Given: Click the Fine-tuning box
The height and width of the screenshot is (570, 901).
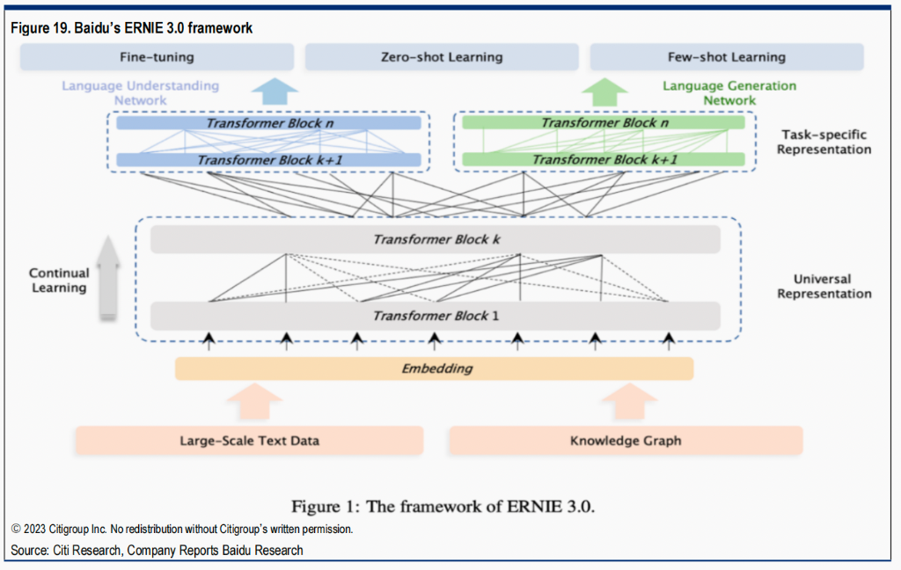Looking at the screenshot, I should click(x=157, y=57).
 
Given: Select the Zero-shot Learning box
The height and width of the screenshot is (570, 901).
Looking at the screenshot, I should click(x=442, y=57).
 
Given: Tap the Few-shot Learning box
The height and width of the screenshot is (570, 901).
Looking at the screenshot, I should click(x=726, y=57).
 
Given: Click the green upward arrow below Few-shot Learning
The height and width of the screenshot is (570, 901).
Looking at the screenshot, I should click(x=604, y=91).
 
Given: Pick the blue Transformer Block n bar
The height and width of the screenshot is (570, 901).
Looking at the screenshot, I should click(x=269, y=123).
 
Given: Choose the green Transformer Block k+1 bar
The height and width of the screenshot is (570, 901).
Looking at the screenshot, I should click(x=604, y=159).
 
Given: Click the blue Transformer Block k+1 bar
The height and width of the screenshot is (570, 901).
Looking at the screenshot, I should click(x=269, y=159).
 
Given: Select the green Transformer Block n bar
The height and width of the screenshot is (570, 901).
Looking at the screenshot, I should click(x=604, y=123).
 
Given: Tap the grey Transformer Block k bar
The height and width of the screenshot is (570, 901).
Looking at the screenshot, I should click(x=436, y=239).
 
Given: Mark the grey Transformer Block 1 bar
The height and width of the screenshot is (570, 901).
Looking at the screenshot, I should click(x=436, y=315).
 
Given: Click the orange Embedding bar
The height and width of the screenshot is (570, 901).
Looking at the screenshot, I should click(x=435, y=369).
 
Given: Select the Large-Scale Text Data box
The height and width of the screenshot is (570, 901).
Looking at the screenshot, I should click(x=249, y=441).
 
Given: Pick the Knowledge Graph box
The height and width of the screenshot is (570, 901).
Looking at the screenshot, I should click(x=626, y=441).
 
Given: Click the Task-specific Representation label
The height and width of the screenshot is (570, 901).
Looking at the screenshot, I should click(x=824, y=142).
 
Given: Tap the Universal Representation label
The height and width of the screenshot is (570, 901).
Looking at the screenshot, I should click(x=824, y=286).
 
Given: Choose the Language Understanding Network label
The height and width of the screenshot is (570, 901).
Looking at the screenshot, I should click(x=140, y=93).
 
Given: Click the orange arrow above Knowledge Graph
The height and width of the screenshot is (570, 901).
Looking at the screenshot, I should click(x=628, y=401).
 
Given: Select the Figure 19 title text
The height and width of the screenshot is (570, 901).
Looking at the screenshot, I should click(x=132, y=28).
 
